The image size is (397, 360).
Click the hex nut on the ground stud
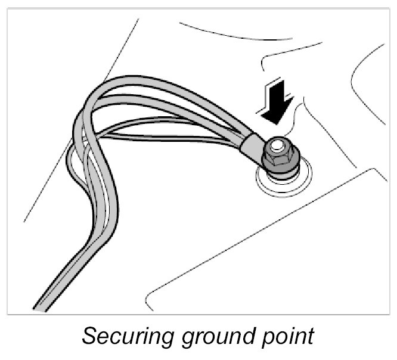tap(280, 157)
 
